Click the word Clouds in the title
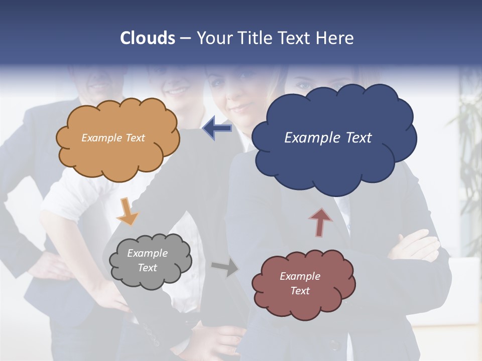[x=148, y=38]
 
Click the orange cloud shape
[x=117, y=150]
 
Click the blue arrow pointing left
[x=217, y=128]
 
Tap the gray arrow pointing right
[x=225, y=267]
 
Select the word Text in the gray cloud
[x=148, y=268]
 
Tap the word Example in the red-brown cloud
[x=300, y=276]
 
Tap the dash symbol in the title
[x=185, y=38]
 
